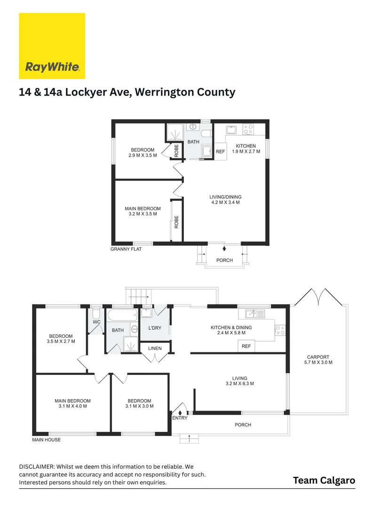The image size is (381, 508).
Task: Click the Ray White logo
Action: pos(52,46)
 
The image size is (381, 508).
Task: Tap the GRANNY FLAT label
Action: pos(126,249)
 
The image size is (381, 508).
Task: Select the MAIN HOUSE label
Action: pos(46,440)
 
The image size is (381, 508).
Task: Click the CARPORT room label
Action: pos(318,357)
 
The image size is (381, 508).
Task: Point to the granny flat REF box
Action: pos(220,151)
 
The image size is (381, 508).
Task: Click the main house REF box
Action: pos(246,346)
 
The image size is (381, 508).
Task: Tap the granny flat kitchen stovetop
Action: pos(248,130)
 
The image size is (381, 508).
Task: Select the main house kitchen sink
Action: pos(255,314)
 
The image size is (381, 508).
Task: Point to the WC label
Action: pos(96,322)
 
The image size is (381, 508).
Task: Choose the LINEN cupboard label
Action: pos(155,348)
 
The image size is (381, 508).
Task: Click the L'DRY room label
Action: pos(155,328)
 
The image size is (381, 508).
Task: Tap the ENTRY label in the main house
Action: pos(180,418)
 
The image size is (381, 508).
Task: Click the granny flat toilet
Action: pos(206,134)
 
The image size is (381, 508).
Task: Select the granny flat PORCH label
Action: pos(224,260)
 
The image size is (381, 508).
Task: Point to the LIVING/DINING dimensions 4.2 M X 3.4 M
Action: pos(225,202)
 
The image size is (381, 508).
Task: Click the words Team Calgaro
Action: pos(324,480)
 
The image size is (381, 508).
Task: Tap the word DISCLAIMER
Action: pos(37,467)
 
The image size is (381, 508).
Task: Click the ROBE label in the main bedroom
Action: pos(176,222)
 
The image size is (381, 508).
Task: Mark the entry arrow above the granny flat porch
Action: pos(224,248)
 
